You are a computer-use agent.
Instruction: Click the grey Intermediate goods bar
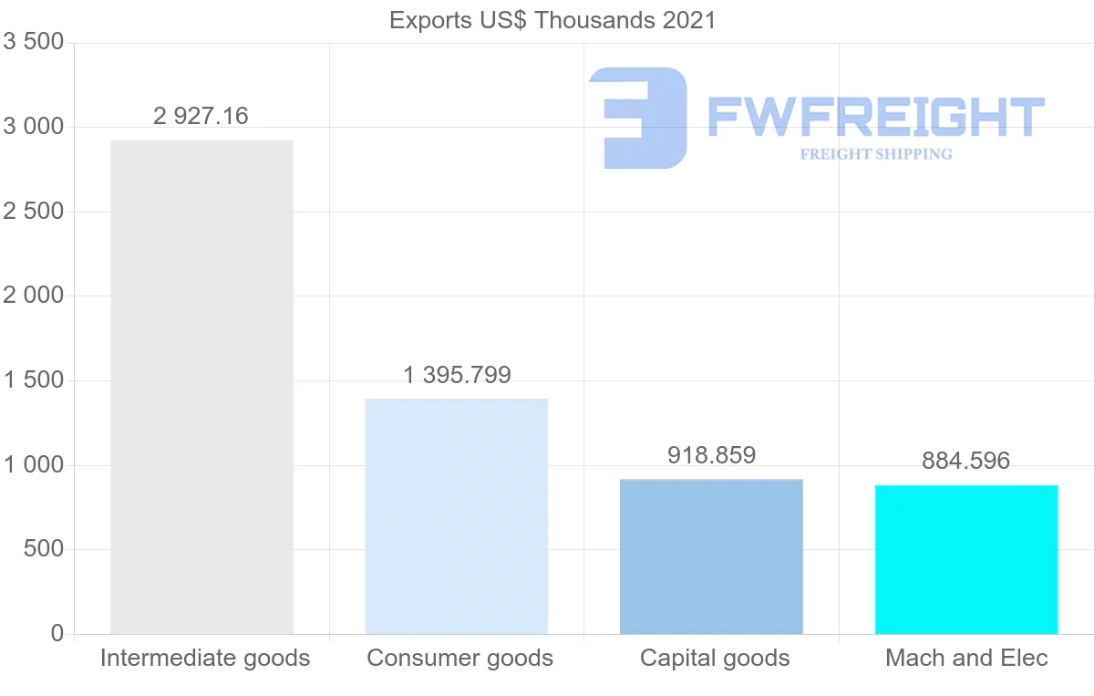coord(201,387)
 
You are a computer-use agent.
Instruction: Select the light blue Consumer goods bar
coord(456,516)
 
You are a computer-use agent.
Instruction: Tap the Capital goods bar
coord(711,556)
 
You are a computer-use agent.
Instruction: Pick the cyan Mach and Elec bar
coord(966,559)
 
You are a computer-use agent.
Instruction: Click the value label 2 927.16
coord(201,116)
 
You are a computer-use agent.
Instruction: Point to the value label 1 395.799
coord(457,375)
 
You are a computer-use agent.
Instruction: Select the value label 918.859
coord(712,455)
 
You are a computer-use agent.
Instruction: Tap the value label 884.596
coord(966,461)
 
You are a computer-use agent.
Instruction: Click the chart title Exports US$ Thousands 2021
coord(552,20)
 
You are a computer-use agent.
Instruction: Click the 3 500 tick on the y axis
coord(34,42)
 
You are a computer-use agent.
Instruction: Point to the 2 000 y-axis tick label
coord(34,296)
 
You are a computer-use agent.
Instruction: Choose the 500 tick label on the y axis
coord(44,549)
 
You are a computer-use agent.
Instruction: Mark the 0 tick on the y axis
coord(57,633)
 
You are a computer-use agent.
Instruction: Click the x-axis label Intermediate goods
coord(205,658)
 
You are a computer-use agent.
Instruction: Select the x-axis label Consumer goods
coord(459,658)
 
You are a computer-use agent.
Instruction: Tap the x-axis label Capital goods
coord(715,658)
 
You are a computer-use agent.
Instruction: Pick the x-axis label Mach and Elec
coord(966,658)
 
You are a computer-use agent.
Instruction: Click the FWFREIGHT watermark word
coord(875,117)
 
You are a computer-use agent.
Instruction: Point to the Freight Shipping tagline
coord(876,154)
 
